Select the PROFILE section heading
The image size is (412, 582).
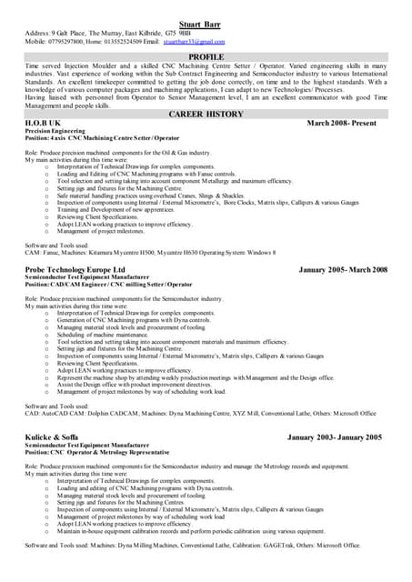point(206,56)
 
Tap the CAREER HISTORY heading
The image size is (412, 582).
point(206,114)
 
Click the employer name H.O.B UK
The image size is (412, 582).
point(43,122)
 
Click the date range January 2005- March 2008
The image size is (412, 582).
point(343,270)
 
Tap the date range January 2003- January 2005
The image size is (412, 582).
point(335,437)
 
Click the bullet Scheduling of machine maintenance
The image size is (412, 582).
point(104,334)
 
